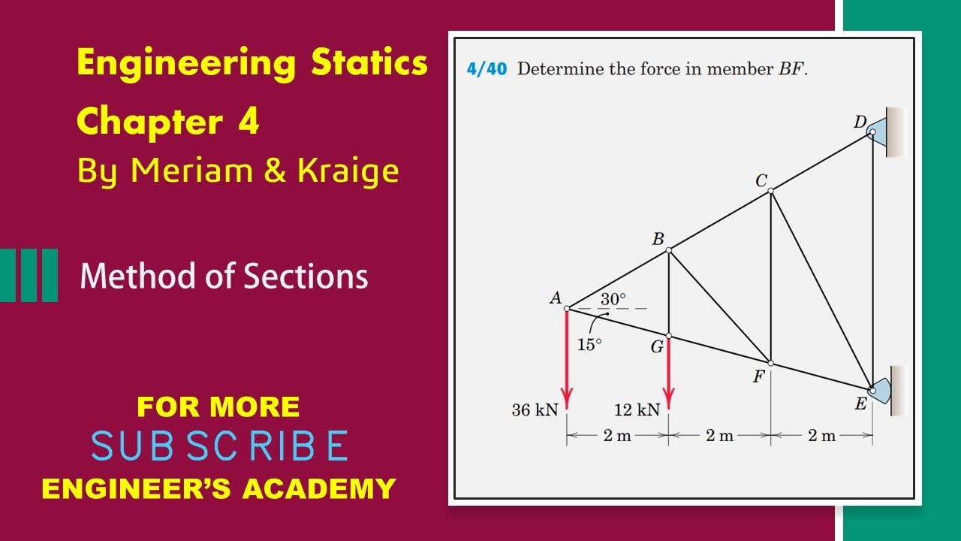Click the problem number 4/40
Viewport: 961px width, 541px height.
point(487,70)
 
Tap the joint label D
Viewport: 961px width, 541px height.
point(860,121)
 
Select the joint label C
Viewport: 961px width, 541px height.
point(761,180)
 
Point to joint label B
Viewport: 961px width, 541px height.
point(658,239)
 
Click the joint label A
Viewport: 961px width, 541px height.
point(556,298)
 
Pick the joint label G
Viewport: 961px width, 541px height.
point(657,348)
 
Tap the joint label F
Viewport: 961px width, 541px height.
point(759,376)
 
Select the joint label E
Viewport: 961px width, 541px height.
point(860,404)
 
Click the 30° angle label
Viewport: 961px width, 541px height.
point(613,298)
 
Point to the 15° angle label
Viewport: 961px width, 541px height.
point(589,345)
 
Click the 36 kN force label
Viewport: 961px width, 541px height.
point(535,410)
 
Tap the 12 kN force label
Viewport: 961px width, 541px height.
point(637,410)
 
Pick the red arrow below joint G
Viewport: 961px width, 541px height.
point(668,376)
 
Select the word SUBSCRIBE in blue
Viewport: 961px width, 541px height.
point(219,446)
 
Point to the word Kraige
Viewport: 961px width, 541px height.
point(348,171)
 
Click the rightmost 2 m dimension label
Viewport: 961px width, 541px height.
point(821,436)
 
